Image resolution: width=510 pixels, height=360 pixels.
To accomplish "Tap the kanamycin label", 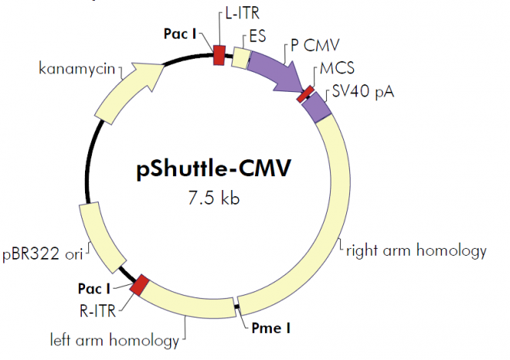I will pyautogui.click(x=76, y=70).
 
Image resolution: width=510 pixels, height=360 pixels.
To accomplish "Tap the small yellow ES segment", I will pyautogui.click(x=241, y=58).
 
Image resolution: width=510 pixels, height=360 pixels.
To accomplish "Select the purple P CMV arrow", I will pyautogui.click(x=275, y=72).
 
